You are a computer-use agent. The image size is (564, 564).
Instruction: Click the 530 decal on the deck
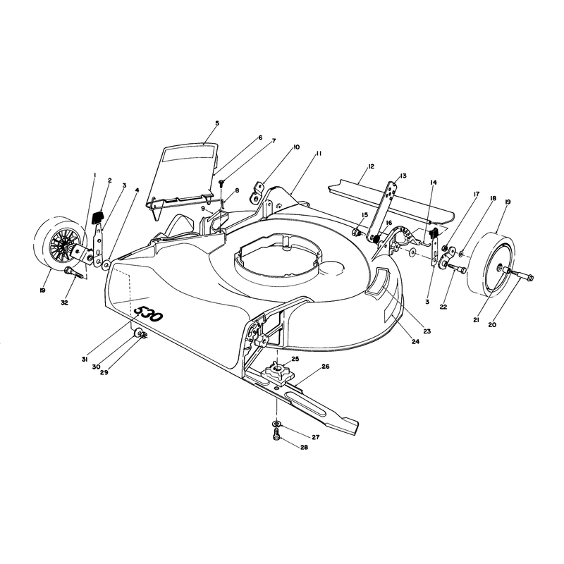(x=148, y=314)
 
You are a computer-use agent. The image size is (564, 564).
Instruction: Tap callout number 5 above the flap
(x=217, y=123)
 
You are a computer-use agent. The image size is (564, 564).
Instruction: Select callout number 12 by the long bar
(x=372, y=166)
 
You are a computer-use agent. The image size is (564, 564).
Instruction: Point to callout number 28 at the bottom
(x=305, y=448)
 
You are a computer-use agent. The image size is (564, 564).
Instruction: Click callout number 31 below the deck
(x=85, y=359)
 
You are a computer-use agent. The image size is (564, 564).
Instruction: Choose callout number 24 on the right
(x=415, y=342)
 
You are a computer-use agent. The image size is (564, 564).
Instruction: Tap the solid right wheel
(x=491, y=266)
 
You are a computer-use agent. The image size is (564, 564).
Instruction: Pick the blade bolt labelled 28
(x=277, y=436)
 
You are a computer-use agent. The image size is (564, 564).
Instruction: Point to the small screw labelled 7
(x=221, y=184)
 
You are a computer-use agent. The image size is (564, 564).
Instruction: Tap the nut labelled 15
(x=357, y=233)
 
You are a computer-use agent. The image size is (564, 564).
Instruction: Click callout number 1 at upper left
(x=94, y=175)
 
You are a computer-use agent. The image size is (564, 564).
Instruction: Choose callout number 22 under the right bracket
(x=443, y=307)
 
